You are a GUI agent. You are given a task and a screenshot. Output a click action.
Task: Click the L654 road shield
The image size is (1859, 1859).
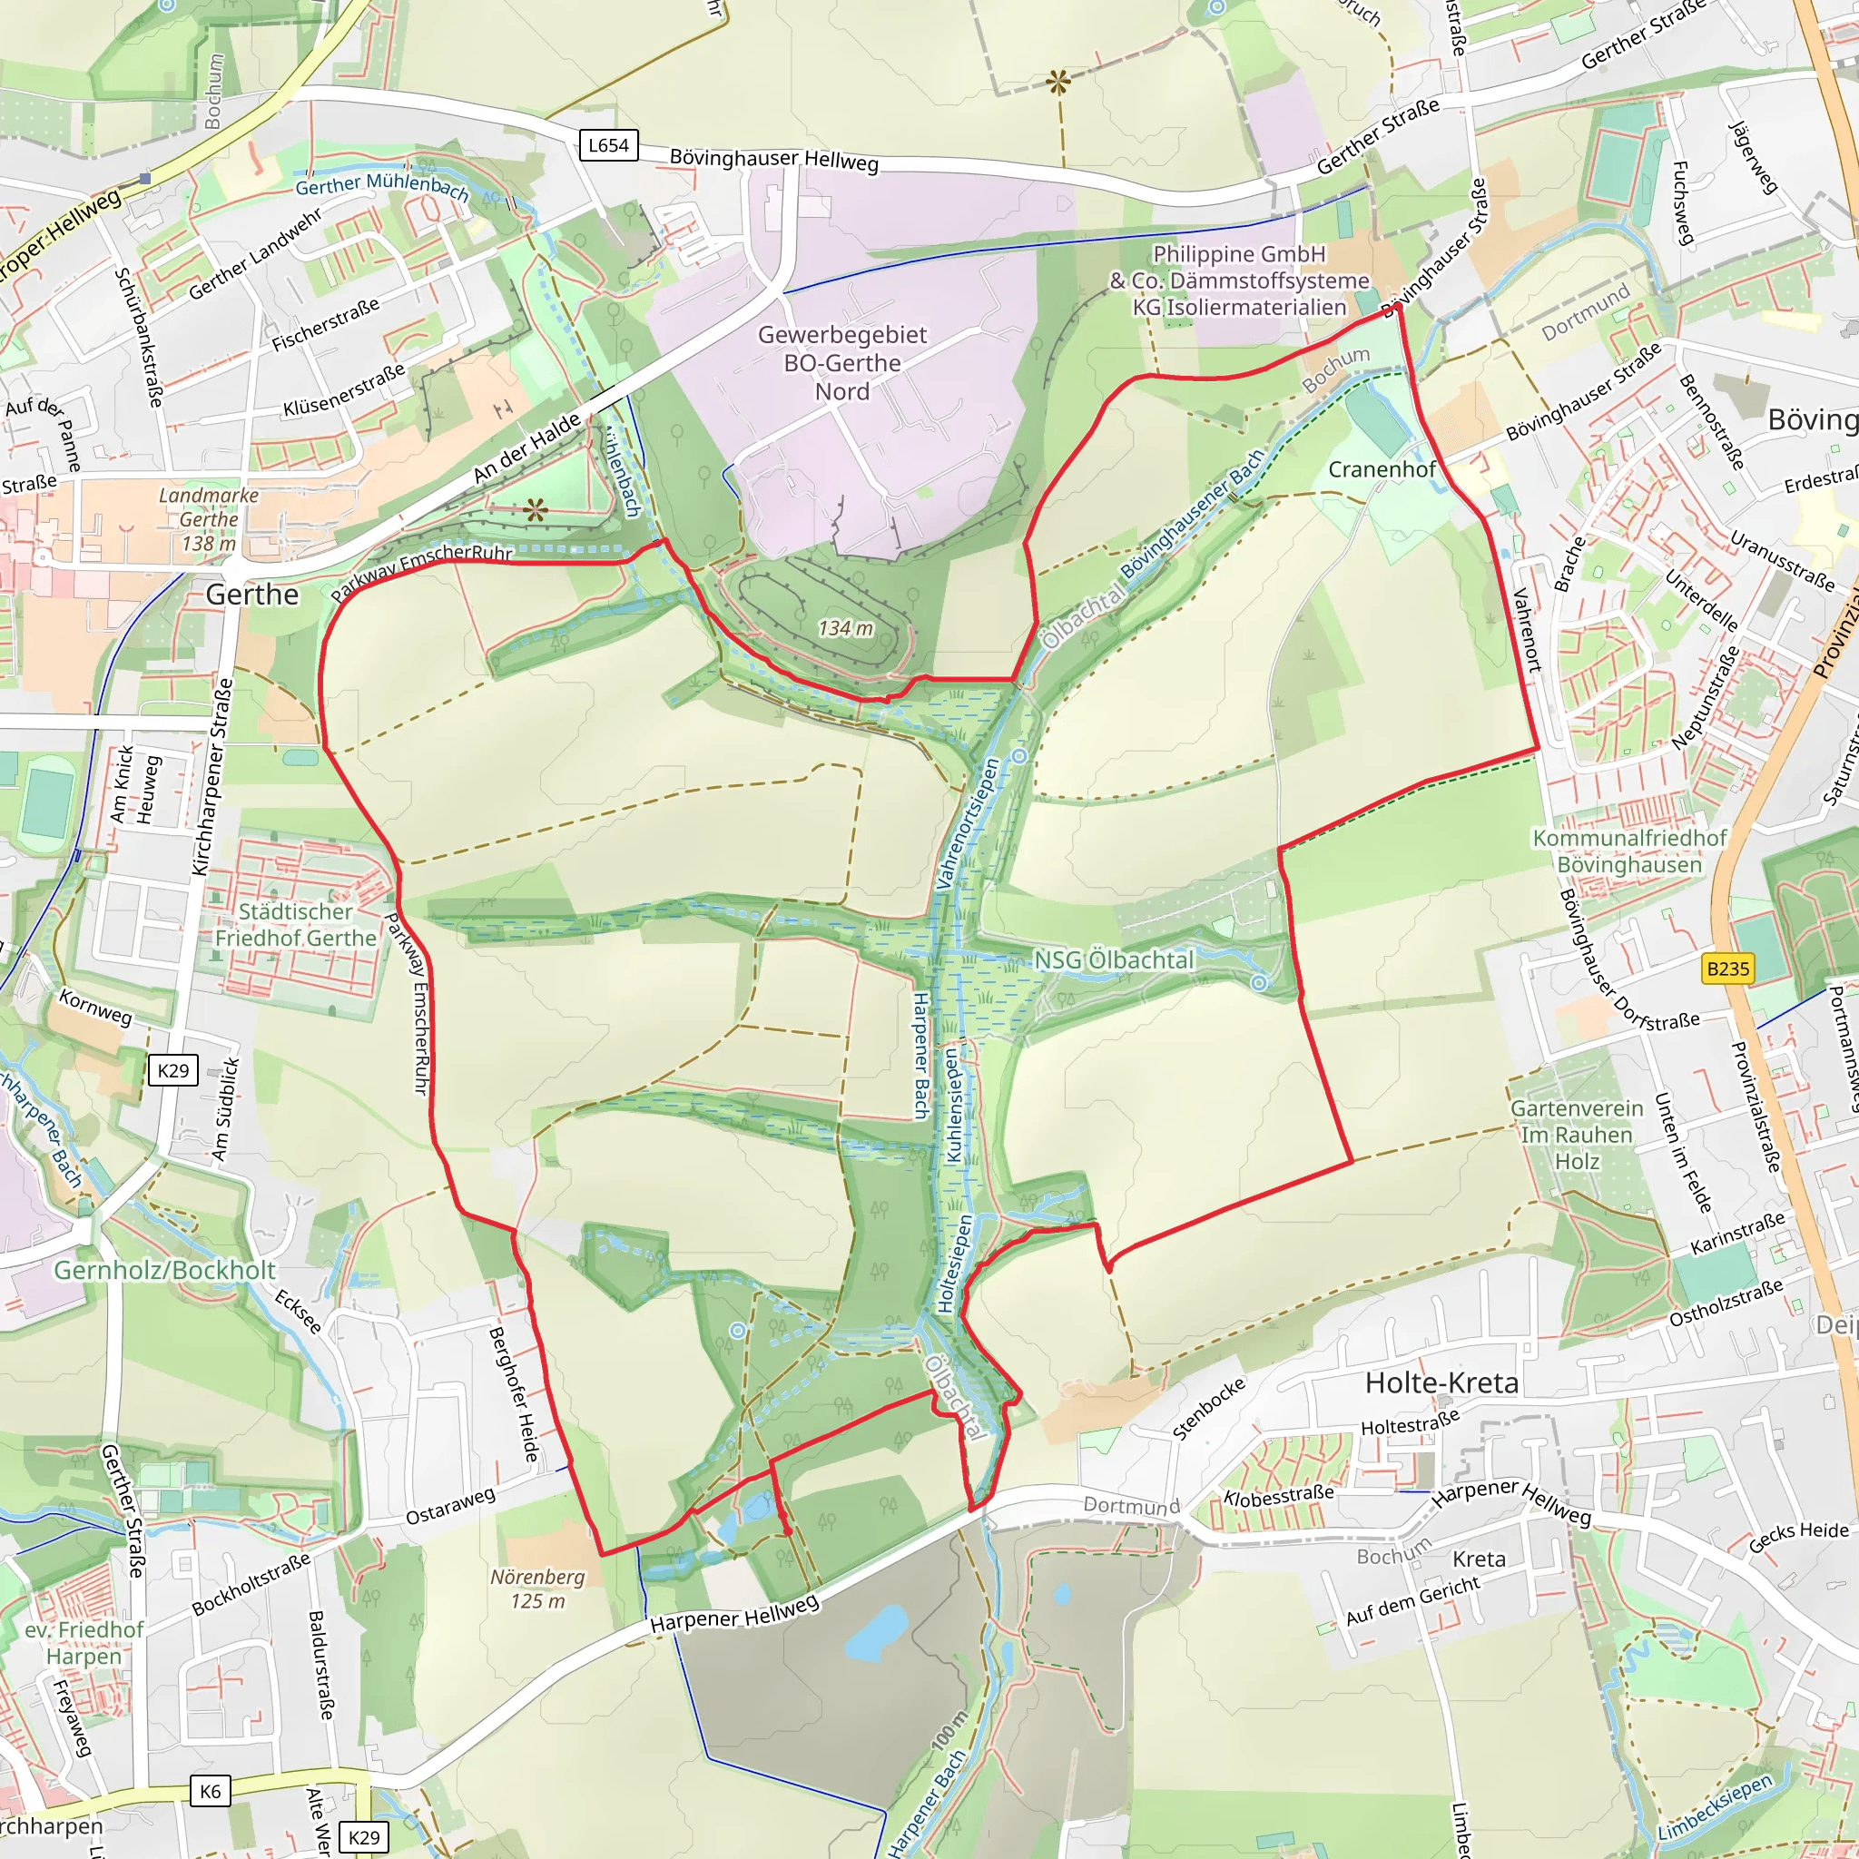608,145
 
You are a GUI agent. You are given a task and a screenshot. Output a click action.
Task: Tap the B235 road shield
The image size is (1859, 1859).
1727,968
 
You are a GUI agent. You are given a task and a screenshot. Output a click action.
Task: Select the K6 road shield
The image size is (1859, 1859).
210,1791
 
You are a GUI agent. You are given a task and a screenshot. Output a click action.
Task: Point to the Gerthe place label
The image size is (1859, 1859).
252,595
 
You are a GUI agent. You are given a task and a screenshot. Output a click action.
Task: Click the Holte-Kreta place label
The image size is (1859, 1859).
1441,1382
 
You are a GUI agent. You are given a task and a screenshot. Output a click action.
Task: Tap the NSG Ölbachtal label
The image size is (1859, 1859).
1113,960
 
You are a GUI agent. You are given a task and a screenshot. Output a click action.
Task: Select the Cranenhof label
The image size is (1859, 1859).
1382,468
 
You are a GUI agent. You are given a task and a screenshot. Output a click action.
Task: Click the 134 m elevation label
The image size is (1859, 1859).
846,628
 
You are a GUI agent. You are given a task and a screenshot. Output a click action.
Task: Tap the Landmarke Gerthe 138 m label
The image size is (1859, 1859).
208,519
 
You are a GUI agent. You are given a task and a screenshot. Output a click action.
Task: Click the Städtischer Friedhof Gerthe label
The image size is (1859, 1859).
295,925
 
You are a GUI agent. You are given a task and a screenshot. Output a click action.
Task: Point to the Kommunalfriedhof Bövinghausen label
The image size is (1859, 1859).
1629,851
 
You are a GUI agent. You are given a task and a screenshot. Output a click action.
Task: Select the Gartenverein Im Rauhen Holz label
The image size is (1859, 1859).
1577,1135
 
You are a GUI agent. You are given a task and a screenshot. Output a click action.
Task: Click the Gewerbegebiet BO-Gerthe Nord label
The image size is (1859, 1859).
842,363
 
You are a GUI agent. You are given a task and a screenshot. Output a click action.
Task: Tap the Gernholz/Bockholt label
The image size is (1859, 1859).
164,1270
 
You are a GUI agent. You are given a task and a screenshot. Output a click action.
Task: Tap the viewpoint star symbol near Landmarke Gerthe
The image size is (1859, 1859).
536,510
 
